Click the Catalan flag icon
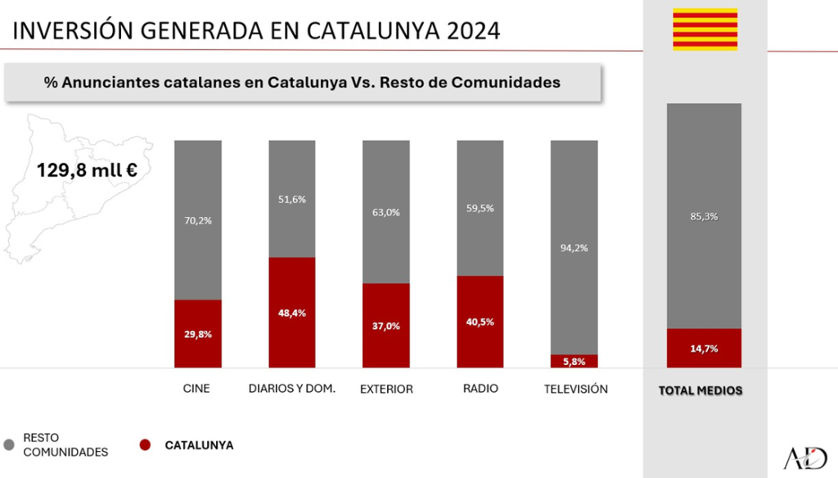click(705, 29)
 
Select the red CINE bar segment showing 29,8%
click(198, 333)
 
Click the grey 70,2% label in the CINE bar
click(198, 220)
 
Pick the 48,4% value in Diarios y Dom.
click(292, 313)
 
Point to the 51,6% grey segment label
click(292, 200)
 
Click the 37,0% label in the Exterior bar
click(386, 326)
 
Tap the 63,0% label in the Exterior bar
click(386, 212)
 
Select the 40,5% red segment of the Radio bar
click(480, 322)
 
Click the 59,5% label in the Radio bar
click(480, 208)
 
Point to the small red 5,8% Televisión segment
click(574, 361)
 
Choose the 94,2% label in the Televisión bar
click(574, 248)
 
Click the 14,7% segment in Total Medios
click(704, 348)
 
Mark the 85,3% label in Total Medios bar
click(704, 217)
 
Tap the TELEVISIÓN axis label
click(576, 389)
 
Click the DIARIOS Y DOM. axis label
click(292, 389)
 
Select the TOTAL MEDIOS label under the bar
click(701, 390)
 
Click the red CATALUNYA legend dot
click(145, 445)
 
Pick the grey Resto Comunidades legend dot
click(10, 444)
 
